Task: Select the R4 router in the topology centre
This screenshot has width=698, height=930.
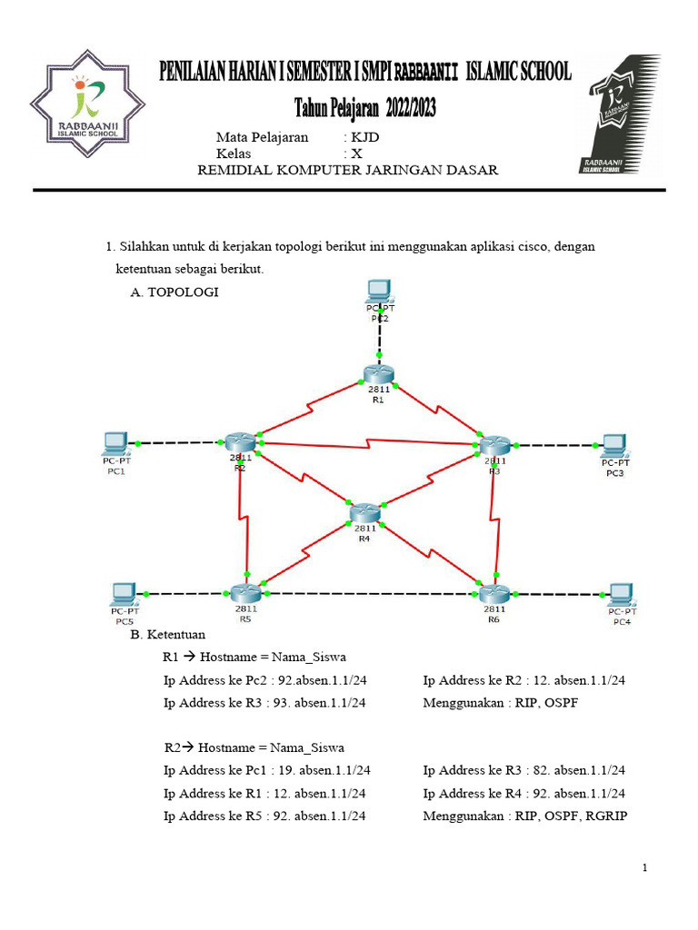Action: tap(364, 512)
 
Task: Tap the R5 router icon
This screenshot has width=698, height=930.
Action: tap(245, 593)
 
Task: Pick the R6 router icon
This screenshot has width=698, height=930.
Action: tap(494, 593)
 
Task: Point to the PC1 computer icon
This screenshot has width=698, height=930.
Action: tap(115, 443)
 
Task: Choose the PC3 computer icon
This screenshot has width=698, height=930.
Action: tap(614, 445)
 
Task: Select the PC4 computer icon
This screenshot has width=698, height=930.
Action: tap(621, 594)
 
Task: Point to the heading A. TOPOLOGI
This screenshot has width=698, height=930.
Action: tap(174, 292)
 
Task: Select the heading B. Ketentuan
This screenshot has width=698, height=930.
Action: tap(168, 634)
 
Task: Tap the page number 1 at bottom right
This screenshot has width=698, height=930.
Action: tap(644, 868)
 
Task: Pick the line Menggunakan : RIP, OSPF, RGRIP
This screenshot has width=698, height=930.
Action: tap(525, 816)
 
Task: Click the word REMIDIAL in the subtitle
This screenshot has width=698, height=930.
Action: tap(234, 171)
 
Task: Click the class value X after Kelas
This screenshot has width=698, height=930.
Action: tap(356, 154)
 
